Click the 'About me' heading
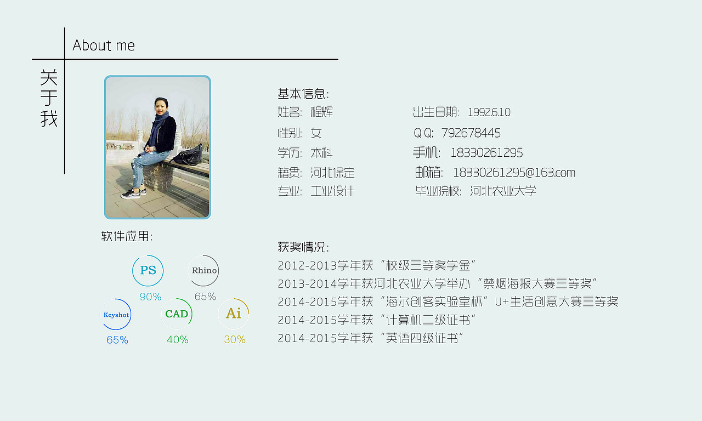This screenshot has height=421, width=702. click(x=104, y=45)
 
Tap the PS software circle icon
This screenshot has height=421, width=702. click(x=148, y=270)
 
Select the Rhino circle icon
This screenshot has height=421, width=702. click(x=204, y=270)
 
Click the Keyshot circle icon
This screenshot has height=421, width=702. click(x=116, y=315)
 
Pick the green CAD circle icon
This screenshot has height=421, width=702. click(x=177, y=314)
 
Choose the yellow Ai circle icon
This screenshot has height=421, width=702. click(x=234, y=314)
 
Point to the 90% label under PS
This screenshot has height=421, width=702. click(x=150, y=297)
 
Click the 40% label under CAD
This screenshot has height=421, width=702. click(x=178, y=340)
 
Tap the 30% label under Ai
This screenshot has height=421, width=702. click(x=235, y=340)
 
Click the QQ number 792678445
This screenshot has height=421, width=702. click(x=471, y=133)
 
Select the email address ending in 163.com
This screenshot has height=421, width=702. click(x=514, y=173)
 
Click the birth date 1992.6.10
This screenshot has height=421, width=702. click(x=489, y=112)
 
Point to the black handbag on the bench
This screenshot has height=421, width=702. click(x=189, y=156)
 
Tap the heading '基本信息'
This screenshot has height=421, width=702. click(x=303, y=94)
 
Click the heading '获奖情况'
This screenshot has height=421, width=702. click(x=303, y=247)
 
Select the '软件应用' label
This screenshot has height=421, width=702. click(x=127, y=236)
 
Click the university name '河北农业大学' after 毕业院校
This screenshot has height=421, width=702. click(x=503, y=191)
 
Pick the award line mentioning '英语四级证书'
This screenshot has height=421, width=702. click(x=371, y=338)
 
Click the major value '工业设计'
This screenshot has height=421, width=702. click(x=332, y=191)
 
